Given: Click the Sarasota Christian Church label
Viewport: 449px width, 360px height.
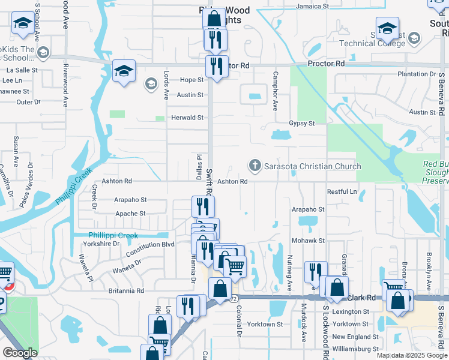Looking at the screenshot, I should click(x=312, y=166).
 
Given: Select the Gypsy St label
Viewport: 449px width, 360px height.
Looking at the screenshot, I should click(x=303, y=123).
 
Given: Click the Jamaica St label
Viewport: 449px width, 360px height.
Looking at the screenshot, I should click(x=314, y=7).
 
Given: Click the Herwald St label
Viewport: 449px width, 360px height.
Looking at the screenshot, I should click(x=187, y=118).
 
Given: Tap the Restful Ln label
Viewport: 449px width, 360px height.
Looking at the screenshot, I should click(x=342, y=191).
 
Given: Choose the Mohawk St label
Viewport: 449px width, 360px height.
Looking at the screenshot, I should click(x=308, y=241).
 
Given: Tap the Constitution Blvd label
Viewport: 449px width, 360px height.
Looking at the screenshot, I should click(x=150, y=245).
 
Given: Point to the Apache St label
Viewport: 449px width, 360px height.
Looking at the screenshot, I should click(x=130, y=214).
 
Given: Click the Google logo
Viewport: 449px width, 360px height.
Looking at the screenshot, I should click(x=20, y=353).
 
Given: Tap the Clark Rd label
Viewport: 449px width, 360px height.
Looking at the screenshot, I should click(x=363, y=297).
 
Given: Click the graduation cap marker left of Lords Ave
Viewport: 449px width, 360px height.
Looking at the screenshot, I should click(x=124, y=72).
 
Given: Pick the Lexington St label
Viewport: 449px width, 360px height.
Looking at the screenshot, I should click(x=351, y=312).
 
